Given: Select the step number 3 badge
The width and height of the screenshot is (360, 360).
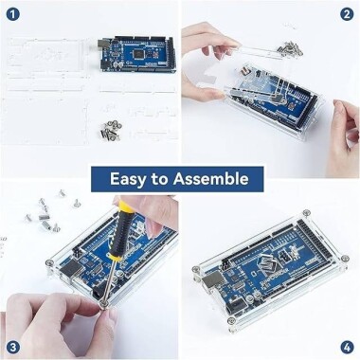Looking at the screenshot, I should (x=12, y=346).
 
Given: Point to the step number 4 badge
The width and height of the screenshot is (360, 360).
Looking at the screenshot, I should (x=347, y=346).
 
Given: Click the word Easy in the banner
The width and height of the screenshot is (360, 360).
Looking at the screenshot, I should (x=131, y=179).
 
